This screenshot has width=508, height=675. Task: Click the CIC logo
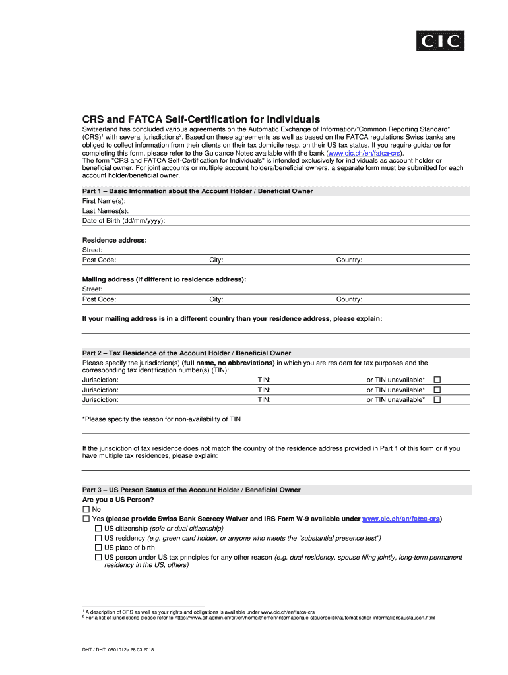tap(440, 42)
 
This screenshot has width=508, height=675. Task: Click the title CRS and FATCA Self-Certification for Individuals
tap(201, 119)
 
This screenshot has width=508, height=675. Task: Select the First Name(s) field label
tap(104, 200)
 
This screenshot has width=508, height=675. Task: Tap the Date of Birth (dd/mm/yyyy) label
tap(123, 220)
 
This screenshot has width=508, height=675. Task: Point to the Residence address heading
tap(114, 240)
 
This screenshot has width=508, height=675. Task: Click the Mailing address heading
tap(164, 279)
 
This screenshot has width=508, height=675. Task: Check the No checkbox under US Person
tap(86, 510)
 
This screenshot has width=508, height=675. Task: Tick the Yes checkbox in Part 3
tap(86, 519)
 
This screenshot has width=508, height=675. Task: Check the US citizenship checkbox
tap(98, 529)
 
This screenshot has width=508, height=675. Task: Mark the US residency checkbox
tap(98, 539)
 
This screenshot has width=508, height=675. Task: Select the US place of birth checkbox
tap(98, 548)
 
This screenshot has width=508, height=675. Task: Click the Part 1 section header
tap(197, 191)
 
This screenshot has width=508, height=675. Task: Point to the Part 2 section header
tap(186, 353)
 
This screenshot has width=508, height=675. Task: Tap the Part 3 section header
tap(191, 490)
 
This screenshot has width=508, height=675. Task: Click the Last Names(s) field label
tap(105, 210)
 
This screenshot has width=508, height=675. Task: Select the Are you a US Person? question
tap(118, 500)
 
